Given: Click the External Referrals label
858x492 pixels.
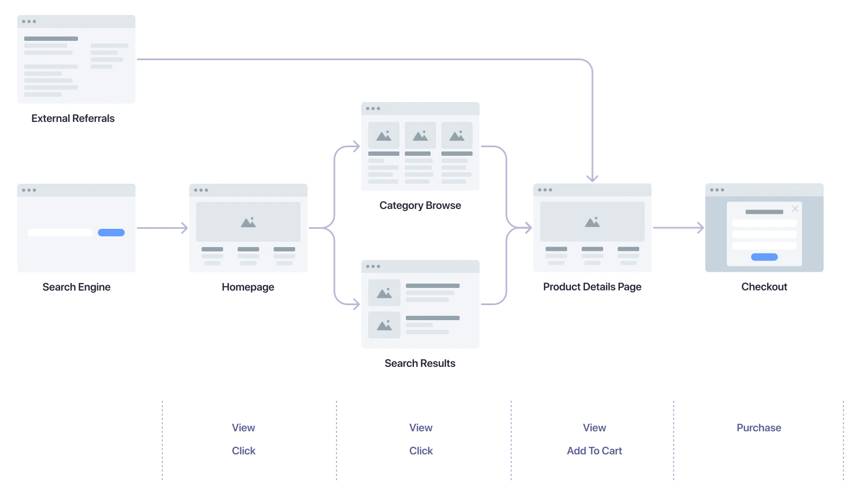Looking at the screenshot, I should (x=73, y=119).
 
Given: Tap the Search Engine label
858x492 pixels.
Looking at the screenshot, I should (x=76, y=287).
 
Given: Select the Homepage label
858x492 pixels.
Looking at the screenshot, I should (x=248, y=287).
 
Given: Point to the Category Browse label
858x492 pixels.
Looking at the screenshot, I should (x=420, y=206).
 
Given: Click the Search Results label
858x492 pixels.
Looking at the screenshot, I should (x=420, y=364).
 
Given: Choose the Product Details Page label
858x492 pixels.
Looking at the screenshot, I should (x=592, y=287).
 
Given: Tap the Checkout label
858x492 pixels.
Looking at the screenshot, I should (x=764, y=287).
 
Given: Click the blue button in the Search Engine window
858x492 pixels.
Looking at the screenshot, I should (x=111, y=233).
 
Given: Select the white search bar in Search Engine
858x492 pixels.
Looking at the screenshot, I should (x=60, y=233).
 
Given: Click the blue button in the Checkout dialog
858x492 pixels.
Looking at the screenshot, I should (x=764, y=257).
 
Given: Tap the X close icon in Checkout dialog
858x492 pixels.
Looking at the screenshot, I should (x=795, y=208).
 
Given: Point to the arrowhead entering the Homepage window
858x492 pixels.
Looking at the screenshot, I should (x=184, y=228).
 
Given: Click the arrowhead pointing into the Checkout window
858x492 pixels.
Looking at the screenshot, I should (x=700, y=228).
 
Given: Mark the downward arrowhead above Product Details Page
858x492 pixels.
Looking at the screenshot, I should (x=592, y=178).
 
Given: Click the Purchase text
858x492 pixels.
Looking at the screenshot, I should (x=759, y=428).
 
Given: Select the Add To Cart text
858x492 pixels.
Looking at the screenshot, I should (x=594, y=451).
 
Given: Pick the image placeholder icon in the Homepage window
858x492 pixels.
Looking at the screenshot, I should (x=248, y=222).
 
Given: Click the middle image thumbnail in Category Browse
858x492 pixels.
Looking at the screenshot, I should (x=420, y=135).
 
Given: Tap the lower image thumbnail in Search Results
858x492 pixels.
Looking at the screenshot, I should (x=384, y=325).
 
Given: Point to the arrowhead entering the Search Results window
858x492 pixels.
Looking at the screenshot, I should (x=356, y=305).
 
